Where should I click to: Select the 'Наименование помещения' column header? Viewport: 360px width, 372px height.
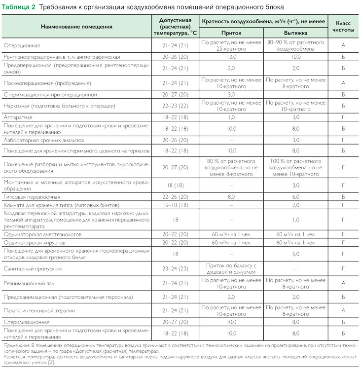click(x=76, y=27)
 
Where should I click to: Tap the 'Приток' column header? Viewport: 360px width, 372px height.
click(x=231, y=32)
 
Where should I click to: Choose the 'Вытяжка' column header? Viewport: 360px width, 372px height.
click(x=295, y=32)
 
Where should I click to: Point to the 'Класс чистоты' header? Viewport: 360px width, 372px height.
click(x=343, y=27)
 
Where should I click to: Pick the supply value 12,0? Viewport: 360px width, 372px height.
click(x=231, y=57)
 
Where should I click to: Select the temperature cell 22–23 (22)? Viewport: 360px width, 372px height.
click(x=176, y=105)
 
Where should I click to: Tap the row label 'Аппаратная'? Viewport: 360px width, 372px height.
click(x=18, y=117)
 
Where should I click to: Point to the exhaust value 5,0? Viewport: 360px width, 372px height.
click(x=295, y=254)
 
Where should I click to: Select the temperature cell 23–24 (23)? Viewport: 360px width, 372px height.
click(x=176, y=269)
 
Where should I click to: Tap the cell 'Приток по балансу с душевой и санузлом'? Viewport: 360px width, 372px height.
click(x=231, y=269)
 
